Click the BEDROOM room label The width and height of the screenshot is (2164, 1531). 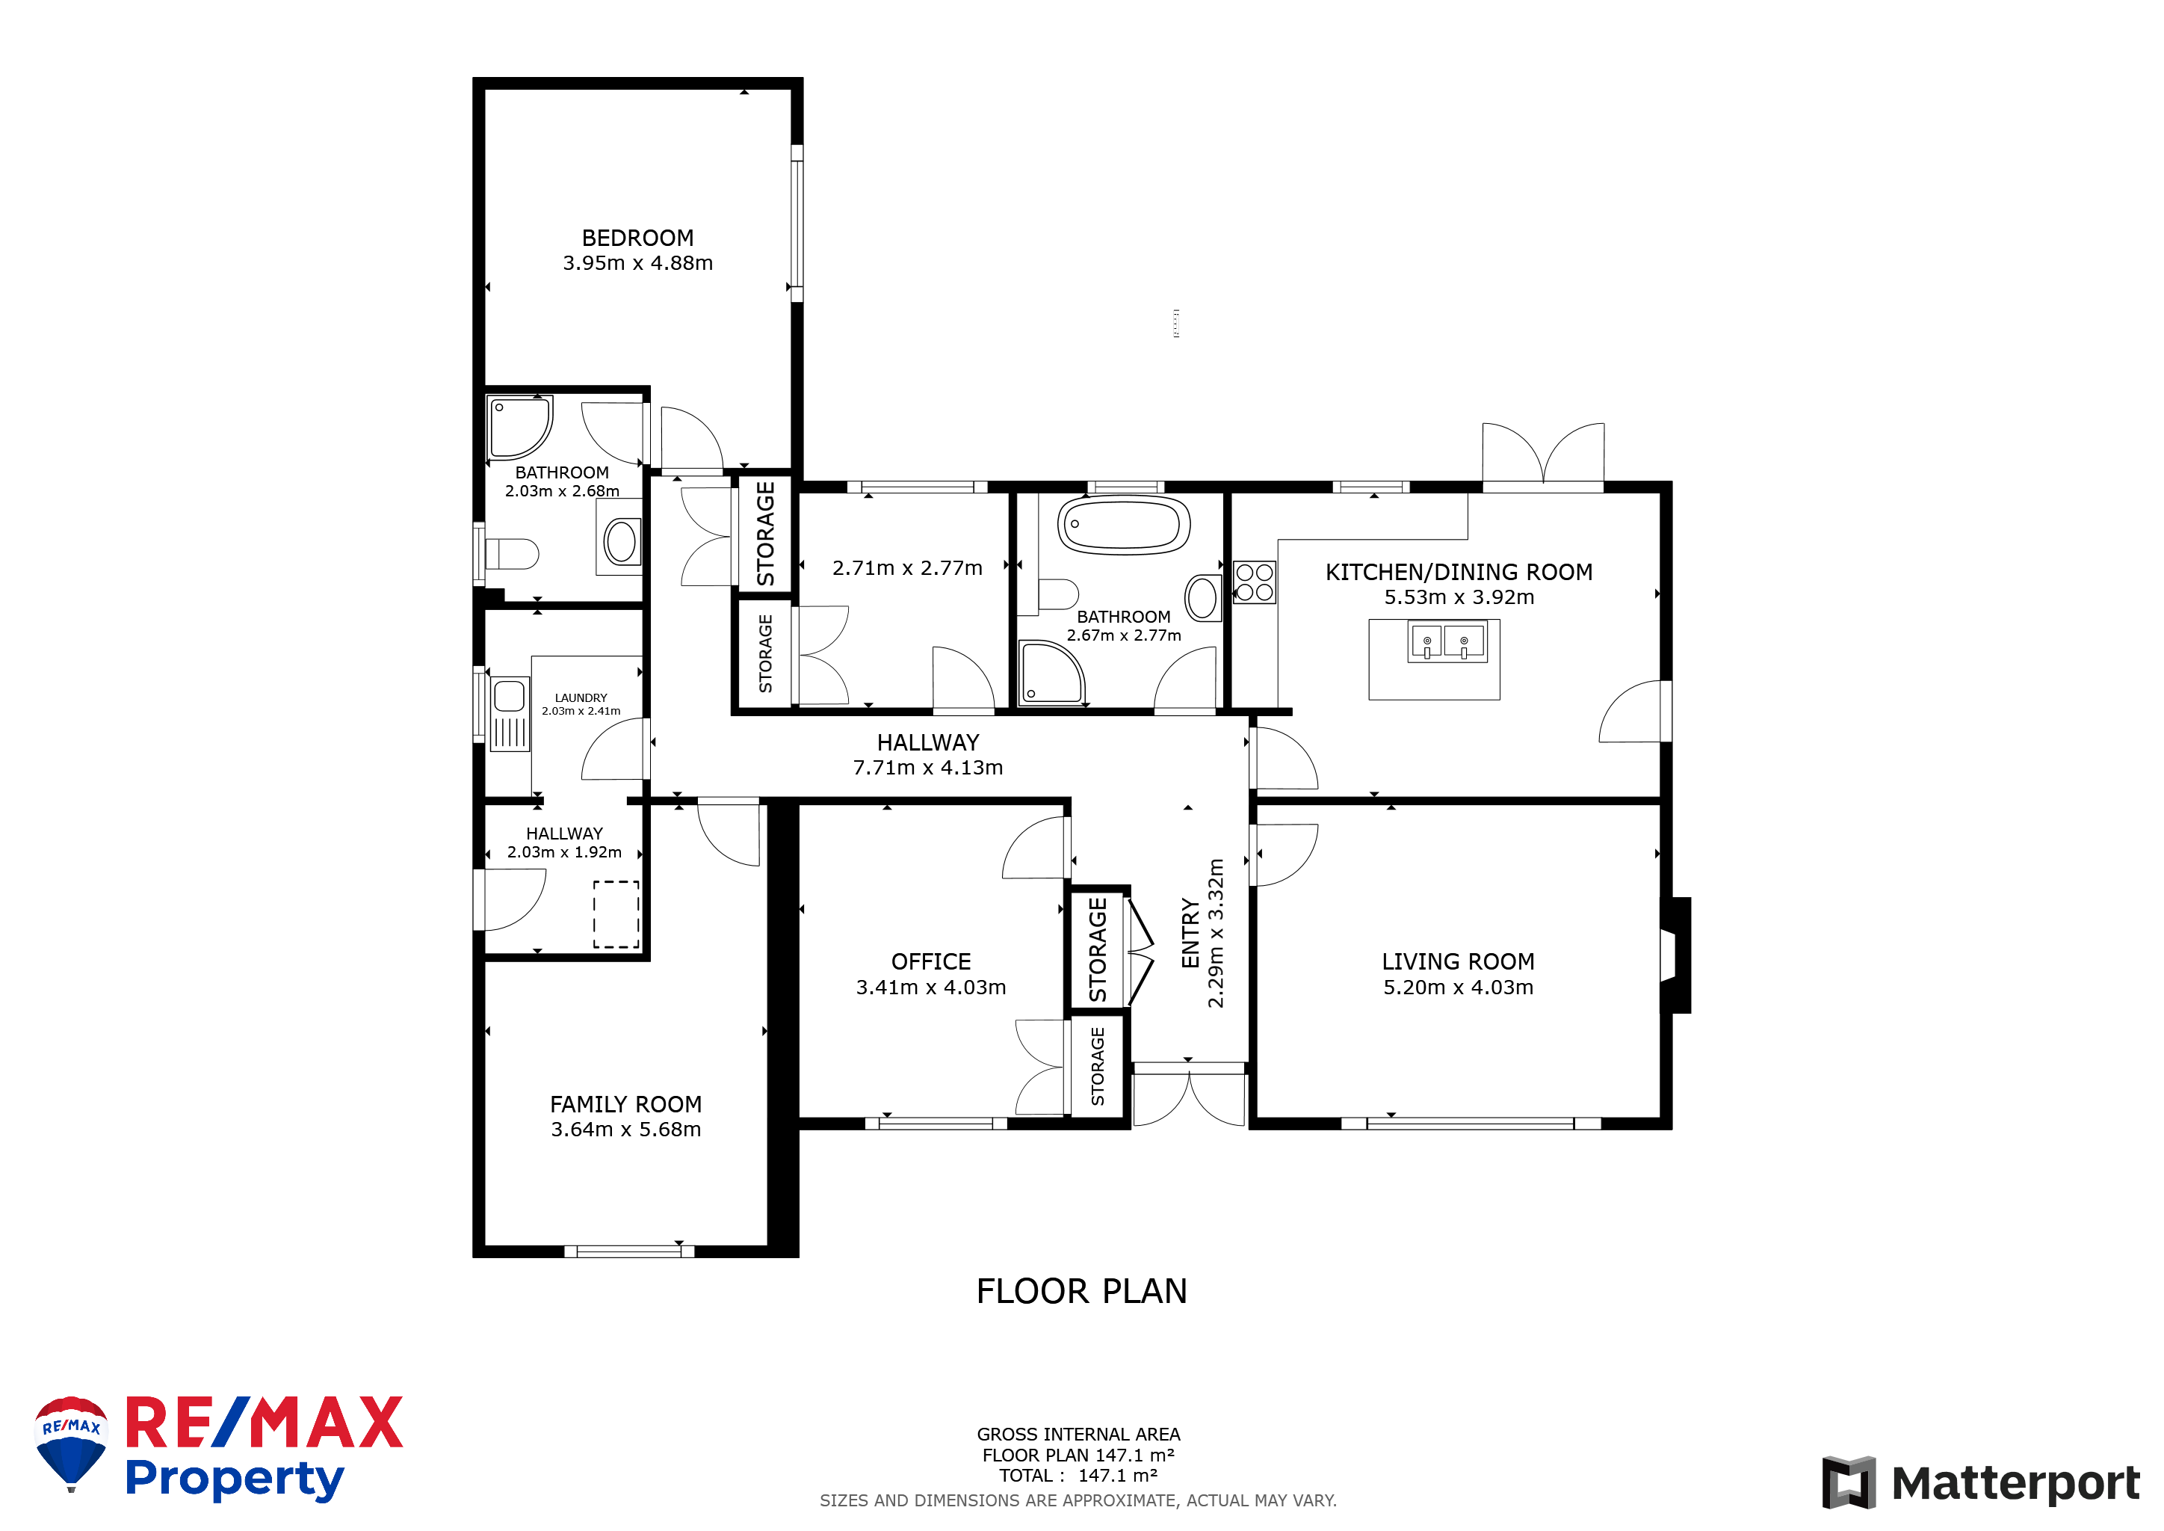click(637, 238)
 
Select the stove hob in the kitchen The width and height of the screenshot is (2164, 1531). click(1255, 582)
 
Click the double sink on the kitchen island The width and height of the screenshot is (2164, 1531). click(1446, 641)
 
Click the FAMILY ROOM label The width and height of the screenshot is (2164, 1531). click(626, 1104)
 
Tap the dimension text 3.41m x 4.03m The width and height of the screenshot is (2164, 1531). click(930, 987)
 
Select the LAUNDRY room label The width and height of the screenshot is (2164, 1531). click(581, 697)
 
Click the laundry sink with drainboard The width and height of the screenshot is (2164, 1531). click(509, 714)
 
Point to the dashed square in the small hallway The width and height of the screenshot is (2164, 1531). click(616, 914)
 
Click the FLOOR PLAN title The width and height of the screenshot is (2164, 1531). click(1081, 1290)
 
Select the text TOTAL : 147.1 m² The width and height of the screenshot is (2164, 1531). click(1078, 1476)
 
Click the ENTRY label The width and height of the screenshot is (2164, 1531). click(1190, 933)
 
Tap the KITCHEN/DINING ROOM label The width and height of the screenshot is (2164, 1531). click(1459, 572)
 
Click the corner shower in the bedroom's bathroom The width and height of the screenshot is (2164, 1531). click(519, 427)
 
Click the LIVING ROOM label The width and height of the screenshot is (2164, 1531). click(1458, 961)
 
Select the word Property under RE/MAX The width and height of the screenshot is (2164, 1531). click(235, 1478)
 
